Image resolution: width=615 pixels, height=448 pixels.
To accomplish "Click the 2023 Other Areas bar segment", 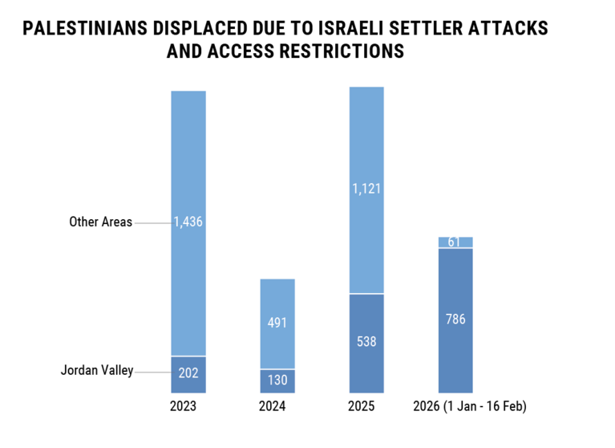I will pyautogui.click(x=188, y=161).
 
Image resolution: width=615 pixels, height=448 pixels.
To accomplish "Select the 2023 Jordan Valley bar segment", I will pyautogui.click(x=188, y=374).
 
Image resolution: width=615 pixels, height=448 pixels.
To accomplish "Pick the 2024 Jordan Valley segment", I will pyautogui.click(x=277, y=381).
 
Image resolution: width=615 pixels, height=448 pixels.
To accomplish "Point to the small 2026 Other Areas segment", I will pyautogui.click(x=455, y=242).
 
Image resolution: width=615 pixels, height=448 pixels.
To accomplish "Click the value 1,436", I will pyautogui.click(x=188, y=222).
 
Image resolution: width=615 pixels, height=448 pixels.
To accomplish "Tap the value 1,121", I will pyautogui.click(x=366, y=189).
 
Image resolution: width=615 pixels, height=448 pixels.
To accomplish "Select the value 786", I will pyautogui.click(x=455, y=319).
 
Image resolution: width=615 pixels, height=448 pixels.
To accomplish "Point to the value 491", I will pyautogui.click(x=277, y=323).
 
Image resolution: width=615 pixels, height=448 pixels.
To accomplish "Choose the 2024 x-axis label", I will pyautogui.click(x=272, y=406).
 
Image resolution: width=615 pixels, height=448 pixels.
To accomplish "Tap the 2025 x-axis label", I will pyautogui.click(x=361, y=406).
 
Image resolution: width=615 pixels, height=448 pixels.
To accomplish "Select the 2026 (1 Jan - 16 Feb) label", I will pyautogui.click(x=469, y=406).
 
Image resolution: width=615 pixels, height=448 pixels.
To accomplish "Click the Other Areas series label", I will pyautogui.click(x=100, y=222).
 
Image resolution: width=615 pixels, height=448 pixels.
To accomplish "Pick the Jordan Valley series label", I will pyautogui.click(x=97, y=370).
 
